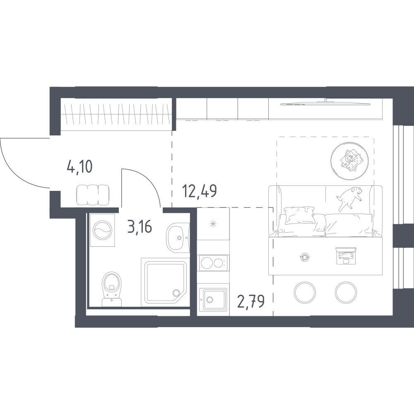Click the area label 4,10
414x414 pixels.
79,167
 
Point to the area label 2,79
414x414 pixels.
251,298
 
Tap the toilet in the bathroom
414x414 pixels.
111,287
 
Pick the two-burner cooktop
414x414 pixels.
213,262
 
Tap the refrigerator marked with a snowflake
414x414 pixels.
213,224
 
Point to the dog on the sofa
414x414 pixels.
348,198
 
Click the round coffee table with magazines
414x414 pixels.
350,161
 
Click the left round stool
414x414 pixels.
306,292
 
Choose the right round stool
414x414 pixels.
347,292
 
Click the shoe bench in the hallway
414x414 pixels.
93,195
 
